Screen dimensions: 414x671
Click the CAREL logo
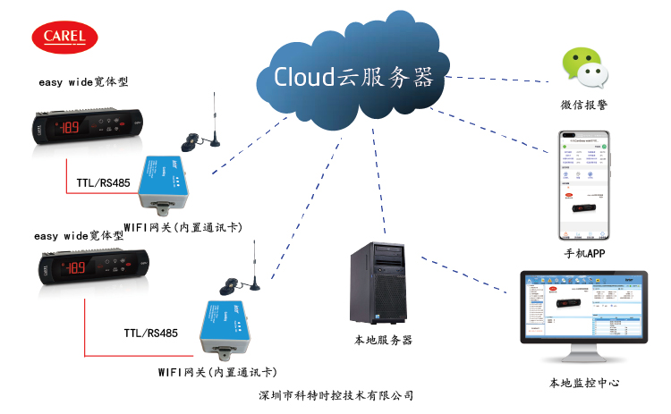point(66,38)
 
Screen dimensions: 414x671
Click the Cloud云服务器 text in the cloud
point(352,76)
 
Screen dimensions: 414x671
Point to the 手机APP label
point(586,254)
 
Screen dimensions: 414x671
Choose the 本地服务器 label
point(383,341)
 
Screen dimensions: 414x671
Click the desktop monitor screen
point(583,314)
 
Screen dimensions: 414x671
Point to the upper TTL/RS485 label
point(103,182)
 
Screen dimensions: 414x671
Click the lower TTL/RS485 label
point(150,334)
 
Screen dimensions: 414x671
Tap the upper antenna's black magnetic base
point(191,143)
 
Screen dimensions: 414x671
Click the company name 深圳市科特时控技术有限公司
point(335,394)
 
